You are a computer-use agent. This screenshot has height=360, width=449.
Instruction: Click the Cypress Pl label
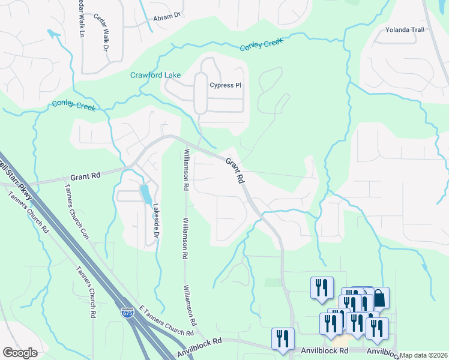pyautogui.click(x=225, y=85)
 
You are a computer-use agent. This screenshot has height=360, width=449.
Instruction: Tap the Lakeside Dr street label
pyautogui.click(x=154, y=219)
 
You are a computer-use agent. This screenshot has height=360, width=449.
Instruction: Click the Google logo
pyautogui.click(x=20, y=353)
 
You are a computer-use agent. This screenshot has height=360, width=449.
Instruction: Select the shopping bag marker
pyautogui.click(x=379, y=298)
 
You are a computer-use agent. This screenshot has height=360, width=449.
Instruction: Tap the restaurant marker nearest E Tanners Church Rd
pyautogui.click(x=282, y=338)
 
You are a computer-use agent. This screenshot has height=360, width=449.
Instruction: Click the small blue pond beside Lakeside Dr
pyautogui.click(x=145, y=194)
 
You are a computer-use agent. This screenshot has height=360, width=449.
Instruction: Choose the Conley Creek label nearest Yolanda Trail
pyautogui.click(x=261, y=44)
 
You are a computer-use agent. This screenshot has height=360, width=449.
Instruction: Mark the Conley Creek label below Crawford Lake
pyautogui.click(x=74, y=105)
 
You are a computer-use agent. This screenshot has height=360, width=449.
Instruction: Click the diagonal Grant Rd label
pyautogui.click(x=235, y=170)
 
